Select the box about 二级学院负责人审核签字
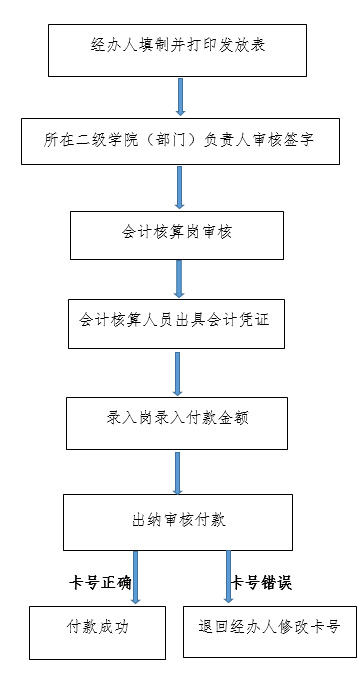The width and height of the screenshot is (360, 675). [x=180, y=139]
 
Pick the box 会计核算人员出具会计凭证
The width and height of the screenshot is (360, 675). [x=177, y=323]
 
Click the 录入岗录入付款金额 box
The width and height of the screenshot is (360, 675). [x=177, y=420]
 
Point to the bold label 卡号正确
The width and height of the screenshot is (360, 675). [x=100, y=582]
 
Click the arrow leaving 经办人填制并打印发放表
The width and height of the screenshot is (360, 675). [x=181, y=96]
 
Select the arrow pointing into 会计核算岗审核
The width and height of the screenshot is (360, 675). [x=180, y=187]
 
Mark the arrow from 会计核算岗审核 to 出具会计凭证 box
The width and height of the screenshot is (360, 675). [x=179, y=278]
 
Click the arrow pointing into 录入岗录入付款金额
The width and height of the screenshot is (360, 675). [x=179, y=372]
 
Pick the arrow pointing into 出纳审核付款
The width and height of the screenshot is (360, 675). [x=178, y=471]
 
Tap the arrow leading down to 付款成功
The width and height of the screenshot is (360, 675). [x=136, y=576]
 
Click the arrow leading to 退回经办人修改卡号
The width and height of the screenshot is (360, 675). [x=227, y=576]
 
